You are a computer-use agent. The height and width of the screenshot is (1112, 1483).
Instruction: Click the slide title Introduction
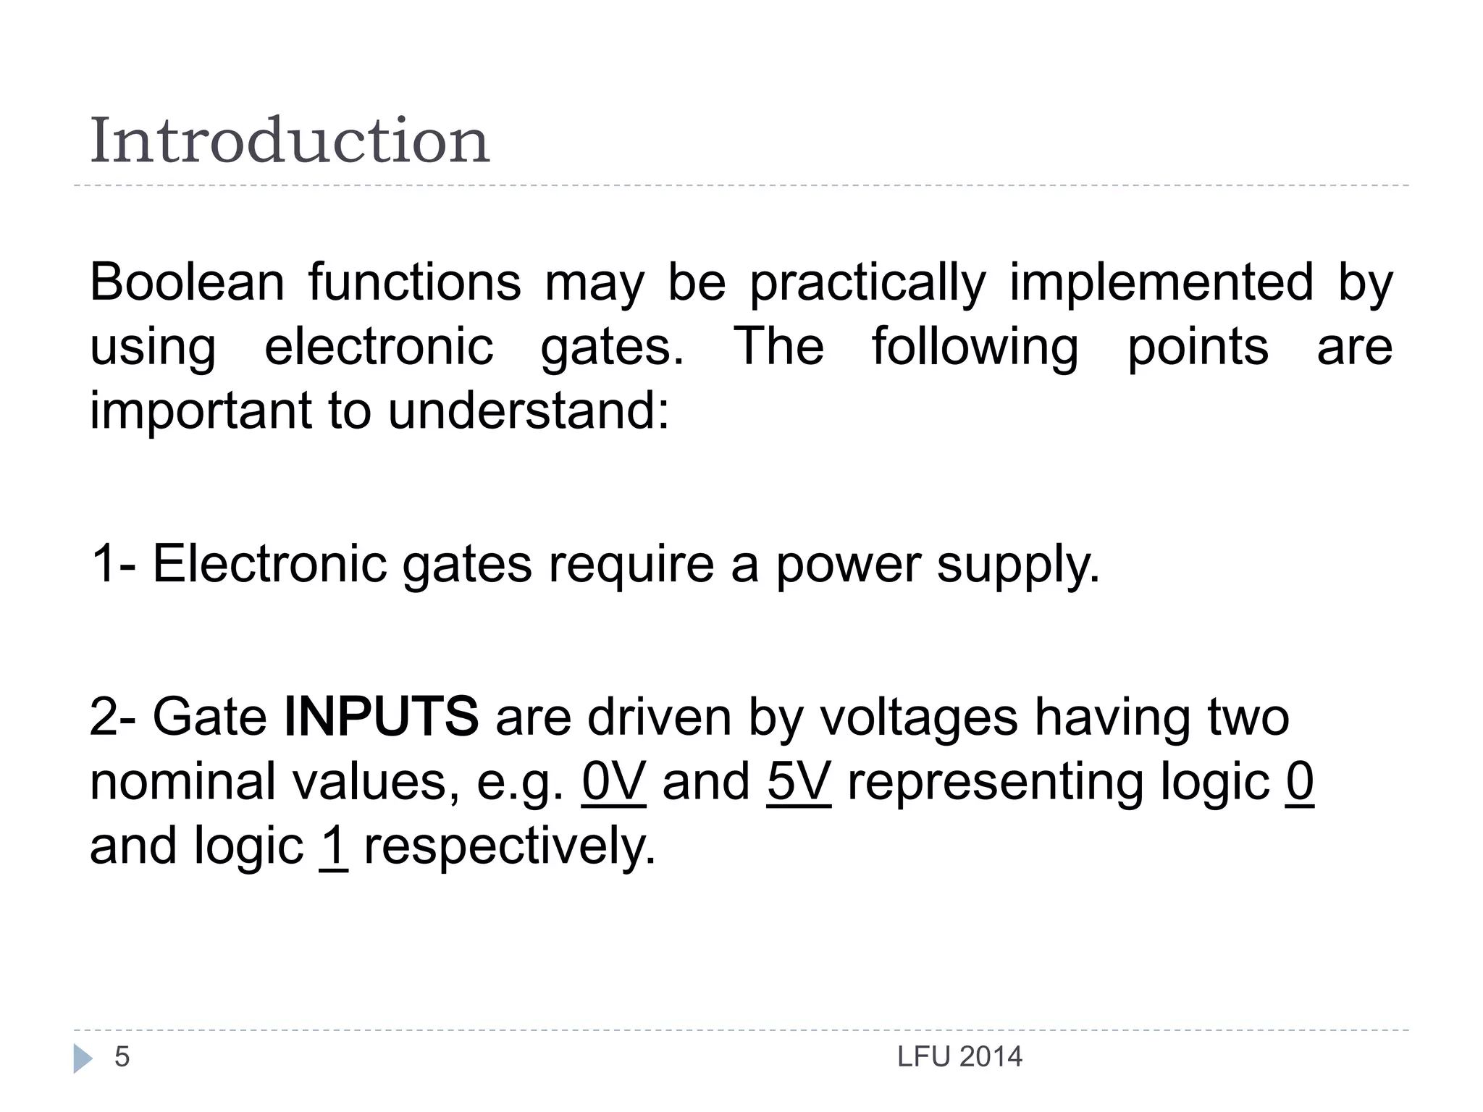click(290, 140)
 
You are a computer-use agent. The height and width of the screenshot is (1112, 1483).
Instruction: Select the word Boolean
click(187, 282)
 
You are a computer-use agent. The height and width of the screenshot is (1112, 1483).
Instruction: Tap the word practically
click(867, 282)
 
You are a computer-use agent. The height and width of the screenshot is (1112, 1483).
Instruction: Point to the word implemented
click(1161, 282)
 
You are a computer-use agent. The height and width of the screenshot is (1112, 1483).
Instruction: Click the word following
click(975, 347)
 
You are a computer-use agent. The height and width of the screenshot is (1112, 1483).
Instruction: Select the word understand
click(529, 410)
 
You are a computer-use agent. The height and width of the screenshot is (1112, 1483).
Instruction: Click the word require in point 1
click(631, 564)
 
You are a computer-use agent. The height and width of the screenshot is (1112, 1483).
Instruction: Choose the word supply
click(1018, 564)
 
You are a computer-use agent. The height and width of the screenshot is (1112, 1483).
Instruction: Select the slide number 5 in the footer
click(122, 1057)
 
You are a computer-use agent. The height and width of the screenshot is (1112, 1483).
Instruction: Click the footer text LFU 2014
click(959, 1057)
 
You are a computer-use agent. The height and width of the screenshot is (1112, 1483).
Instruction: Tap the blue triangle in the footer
click(83, 1058)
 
